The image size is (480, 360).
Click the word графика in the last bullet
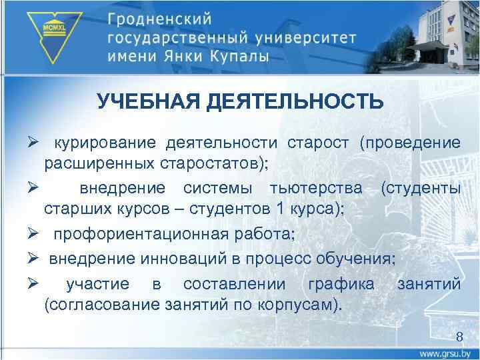coord(341,285)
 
